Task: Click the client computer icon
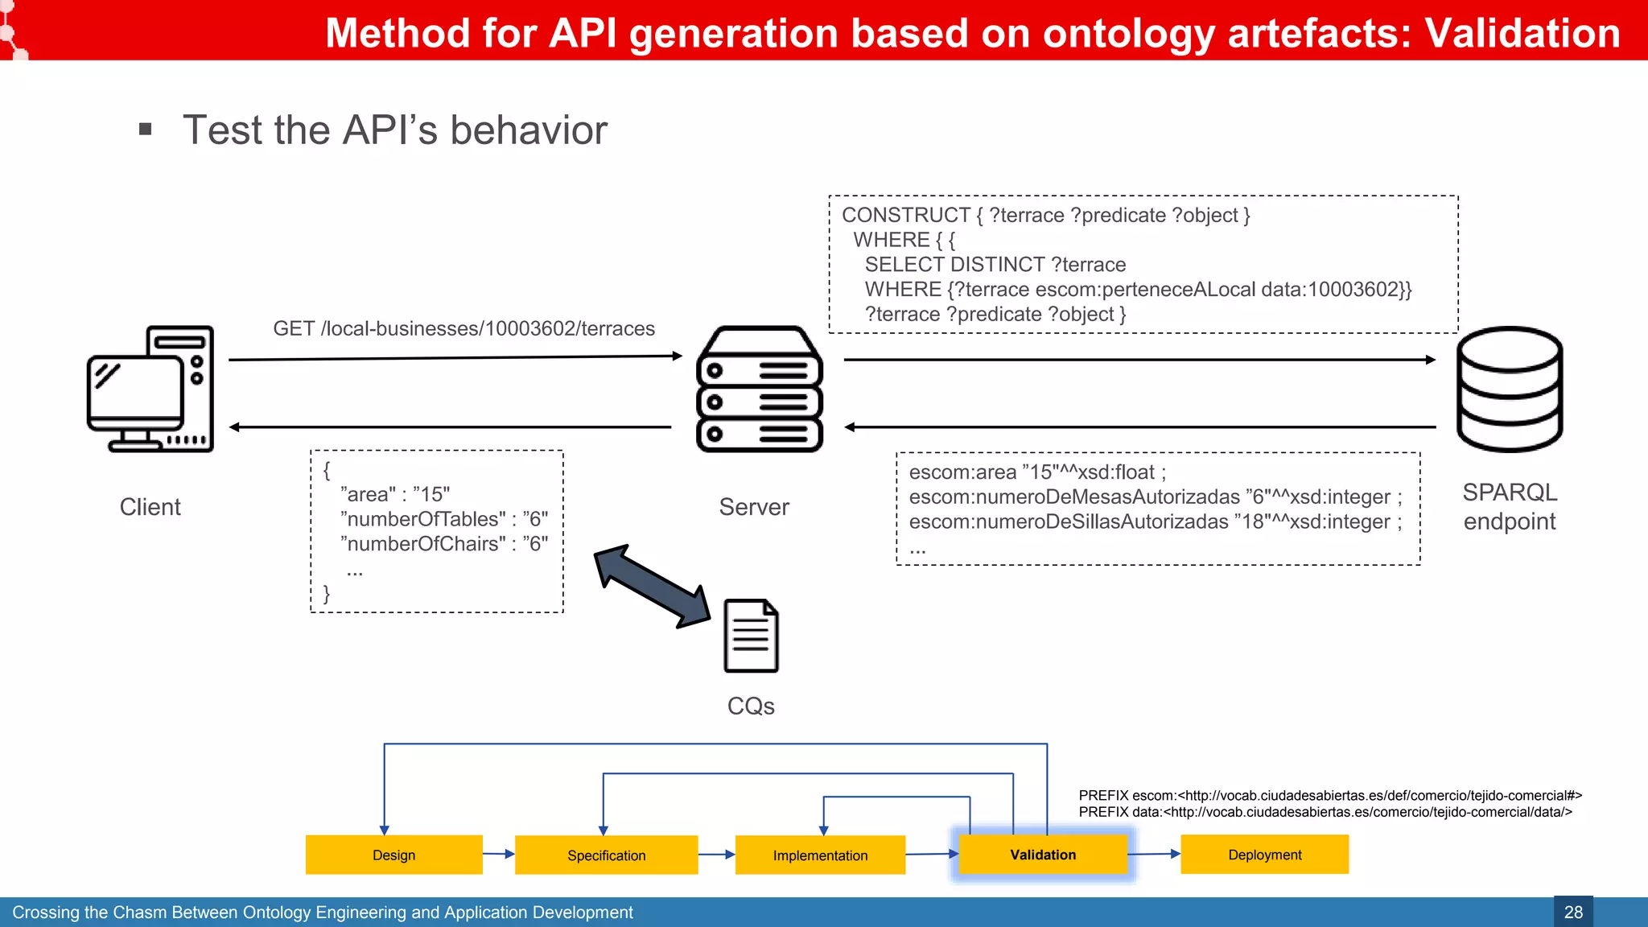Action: click(x=150, y=389)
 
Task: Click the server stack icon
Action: click(x=759, y=389)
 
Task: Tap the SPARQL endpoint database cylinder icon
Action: click(x=1509, y=389)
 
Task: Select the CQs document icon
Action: click(x=751, y=636)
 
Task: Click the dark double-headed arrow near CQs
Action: click(x=652, y=586)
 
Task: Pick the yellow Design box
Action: click(x=393, y=855)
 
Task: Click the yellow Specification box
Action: click(x=606, y=855)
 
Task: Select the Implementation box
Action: click(x=820, y=855)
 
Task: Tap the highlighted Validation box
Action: click(x=1043, y=855)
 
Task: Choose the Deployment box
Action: click(x=1264, y=855)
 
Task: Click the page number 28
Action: click(x=1573, y=912)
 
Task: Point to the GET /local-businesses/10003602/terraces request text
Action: click(x=463, y=328)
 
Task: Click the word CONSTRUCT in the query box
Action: click(x=905, y=215)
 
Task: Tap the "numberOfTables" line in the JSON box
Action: click(x=443, y=519)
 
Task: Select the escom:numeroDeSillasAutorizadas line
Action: click(x=1155, y=521)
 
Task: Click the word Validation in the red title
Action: click(x=1522, y=34)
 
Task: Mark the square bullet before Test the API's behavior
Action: click(x=146, y=130)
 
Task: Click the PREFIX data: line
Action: click(x=1325, y=812)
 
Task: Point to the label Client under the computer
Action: click(x=150, y=507)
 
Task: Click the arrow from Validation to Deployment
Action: click(x=1154, y=854)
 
